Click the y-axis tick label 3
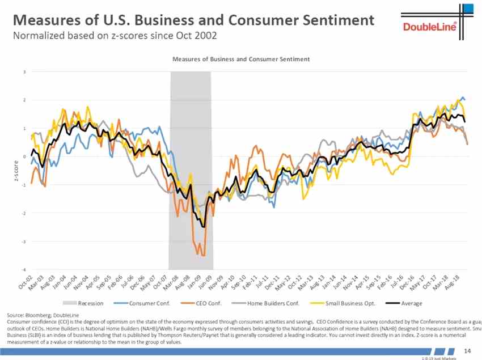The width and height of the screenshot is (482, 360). pos(24,72)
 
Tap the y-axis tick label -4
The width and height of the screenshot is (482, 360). pos(23,269)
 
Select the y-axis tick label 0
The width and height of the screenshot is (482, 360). pos(24,156)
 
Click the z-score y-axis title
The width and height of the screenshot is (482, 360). pos(16,171)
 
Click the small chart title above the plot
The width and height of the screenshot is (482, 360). pos(241,58)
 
